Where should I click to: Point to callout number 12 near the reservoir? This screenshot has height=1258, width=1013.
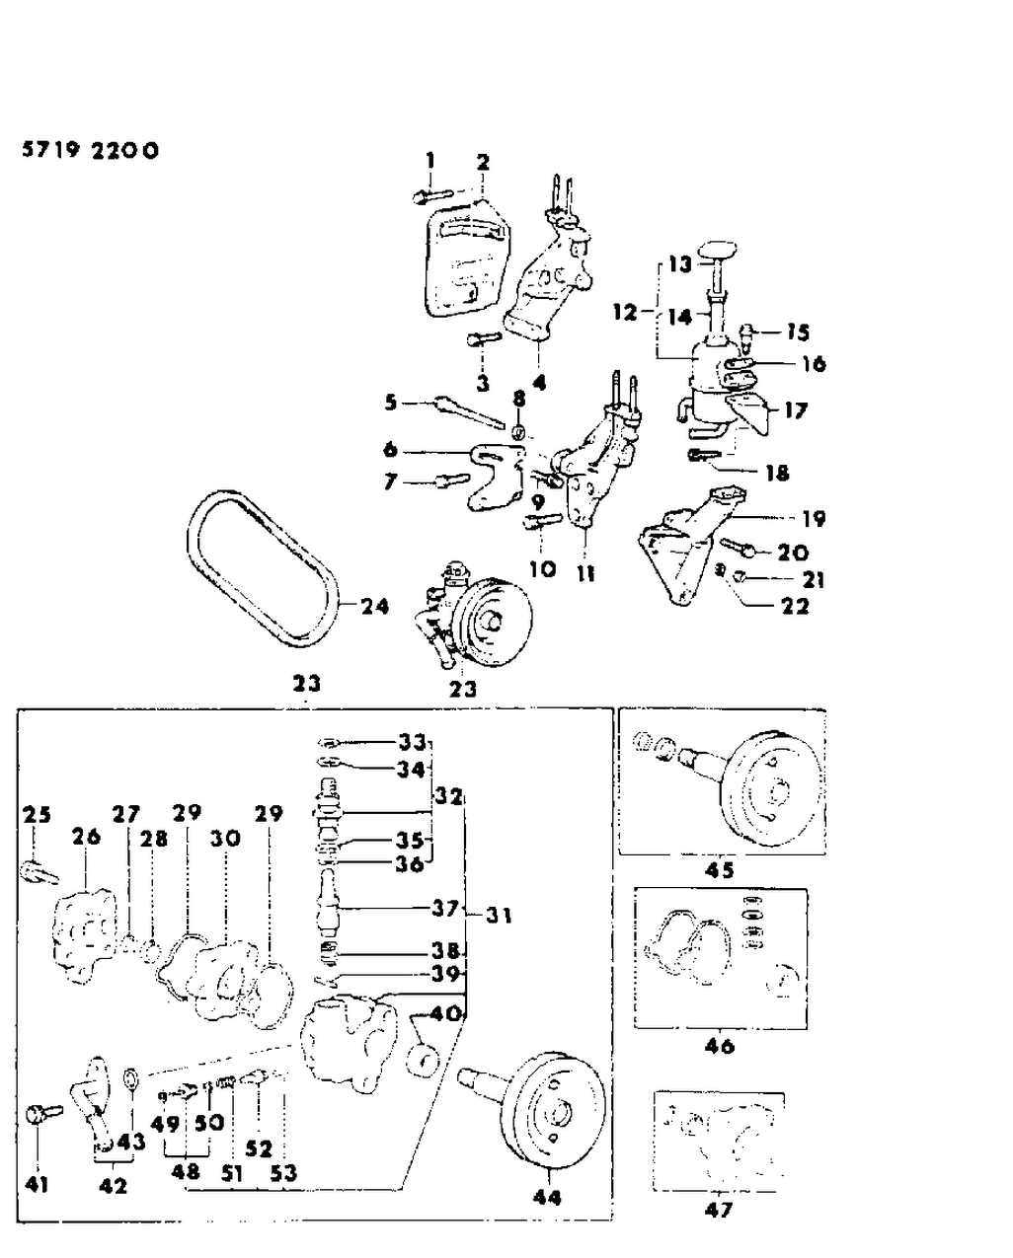pos(624,313)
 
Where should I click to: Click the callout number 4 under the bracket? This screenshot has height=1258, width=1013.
pos(539,381)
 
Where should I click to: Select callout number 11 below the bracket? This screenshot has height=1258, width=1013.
pos(586,571)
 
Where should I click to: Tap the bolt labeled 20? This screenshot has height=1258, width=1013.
pos(740,545)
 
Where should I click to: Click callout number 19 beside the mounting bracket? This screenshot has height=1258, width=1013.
pos(814,519)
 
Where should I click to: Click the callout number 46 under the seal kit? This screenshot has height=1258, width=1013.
pos(720,1045)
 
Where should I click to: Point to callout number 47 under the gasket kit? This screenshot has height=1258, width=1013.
pos(720,1209)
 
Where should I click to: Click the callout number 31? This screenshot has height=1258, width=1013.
pos(499,916)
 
